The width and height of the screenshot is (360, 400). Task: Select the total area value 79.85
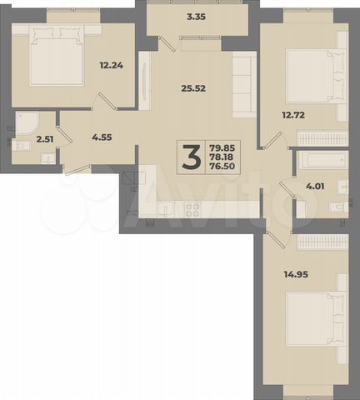click(x=221, y=147)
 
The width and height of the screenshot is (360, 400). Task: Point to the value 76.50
click(x=221, y=167)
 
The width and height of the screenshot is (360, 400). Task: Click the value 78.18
click(x=221, y=157)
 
